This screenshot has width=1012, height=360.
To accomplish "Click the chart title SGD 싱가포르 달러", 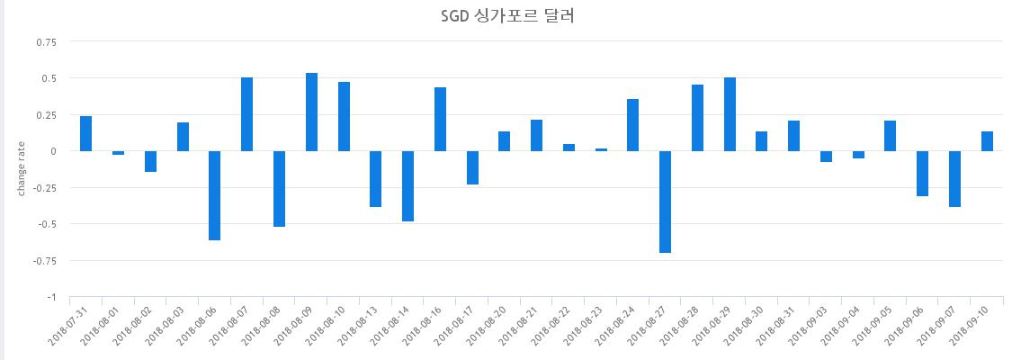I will (506, 15).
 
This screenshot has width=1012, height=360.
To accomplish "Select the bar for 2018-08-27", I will (666, 202).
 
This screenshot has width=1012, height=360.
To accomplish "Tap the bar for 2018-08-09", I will (311, 112).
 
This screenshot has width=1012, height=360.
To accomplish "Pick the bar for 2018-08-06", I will (215, 195).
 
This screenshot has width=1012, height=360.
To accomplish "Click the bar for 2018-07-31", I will (86, 133).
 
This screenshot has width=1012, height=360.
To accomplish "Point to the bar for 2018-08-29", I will (730, 114).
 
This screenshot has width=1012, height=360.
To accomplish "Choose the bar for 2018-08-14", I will (407, 186).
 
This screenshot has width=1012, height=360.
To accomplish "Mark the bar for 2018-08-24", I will (633, 125).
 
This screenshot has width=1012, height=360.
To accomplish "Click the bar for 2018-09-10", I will (987, 141).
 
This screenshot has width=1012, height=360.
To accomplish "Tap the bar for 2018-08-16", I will (440, 119).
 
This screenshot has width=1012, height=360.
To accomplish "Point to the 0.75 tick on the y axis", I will (45, 41).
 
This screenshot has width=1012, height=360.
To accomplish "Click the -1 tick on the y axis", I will (51, 297).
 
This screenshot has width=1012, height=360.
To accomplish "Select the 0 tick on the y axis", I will (53, 151).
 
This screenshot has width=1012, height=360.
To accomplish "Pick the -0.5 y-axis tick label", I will (46, 224).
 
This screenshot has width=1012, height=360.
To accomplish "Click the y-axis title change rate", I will (22, 169).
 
